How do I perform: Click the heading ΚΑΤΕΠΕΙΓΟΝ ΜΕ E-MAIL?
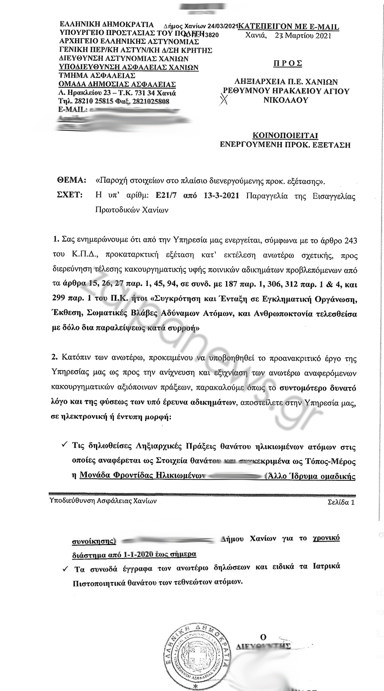(288, 27)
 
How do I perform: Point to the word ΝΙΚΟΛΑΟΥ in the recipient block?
(286, 100)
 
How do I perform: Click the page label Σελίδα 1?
(341, 503)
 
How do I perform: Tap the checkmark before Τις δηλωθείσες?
(64, 445)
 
